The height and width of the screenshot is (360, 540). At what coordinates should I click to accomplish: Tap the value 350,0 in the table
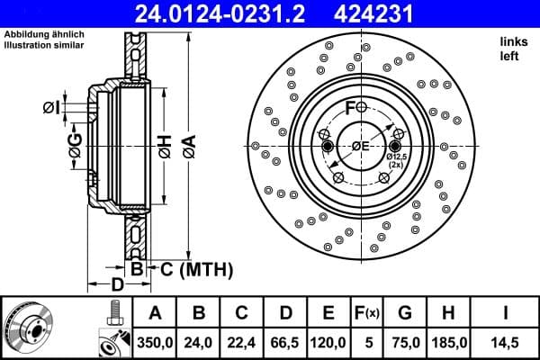155,342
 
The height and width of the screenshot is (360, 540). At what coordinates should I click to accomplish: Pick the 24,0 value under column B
198,342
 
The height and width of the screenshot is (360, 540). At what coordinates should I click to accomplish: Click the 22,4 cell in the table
241,342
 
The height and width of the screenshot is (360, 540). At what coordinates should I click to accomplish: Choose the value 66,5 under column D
284,342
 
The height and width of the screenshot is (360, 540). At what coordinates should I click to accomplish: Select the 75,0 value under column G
405,342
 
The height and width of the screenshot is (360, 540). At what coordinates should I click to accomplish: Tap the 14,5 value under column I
506,342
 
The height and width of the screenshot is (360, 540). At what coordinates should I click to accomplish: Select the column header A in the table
155,313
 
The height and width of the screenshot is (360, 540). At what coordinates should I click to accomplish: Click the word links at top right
513,41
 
